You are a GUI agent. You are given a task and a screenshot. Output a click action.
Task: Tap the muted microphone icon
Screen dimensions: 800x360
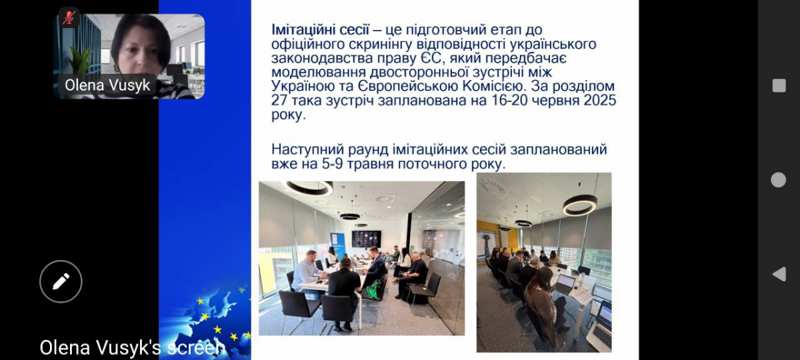tap(69, 17)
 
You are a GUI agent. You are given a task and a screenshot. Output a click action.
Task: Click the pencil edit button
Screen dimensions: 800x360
tap(61, 281)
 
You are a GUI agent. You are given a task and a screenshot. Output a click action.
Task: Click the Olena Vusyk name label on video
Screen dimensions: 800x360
tap(107, 85)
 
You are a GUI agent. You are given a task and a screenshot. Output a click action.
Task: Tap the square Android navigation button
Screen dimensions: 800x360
tap(779, 86)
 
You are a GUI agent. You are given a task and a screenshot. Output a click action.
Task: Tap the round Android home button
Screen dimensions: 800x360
tap(779, 179)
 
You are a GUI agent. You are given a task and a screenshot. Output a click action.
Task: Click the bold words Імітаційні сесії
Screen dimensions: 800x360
tap(320, 29)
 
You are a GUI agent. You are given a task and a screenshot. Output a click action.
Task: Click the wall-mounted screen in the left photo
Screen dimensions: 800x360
tap(367, 239)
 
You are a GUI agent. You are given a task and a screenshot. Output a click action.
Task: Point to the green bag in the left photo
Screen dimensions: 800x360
tap(372, 289)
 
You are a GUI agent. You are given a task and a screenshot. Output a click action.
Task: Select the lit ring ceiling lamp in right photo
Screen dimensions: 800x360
tap(579, 205)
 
